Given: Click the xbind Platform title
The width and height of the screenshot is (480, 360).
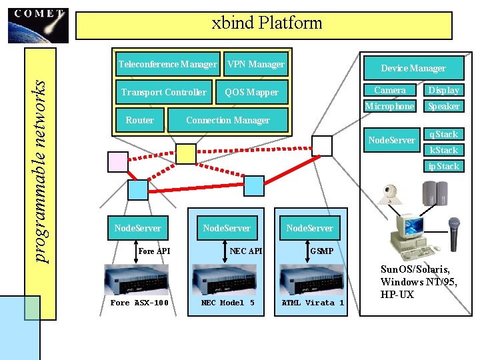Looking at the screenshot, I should (x=266, y=24).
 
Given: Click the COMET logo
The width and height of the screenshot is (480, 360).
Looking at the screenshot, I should (x=38, y=25).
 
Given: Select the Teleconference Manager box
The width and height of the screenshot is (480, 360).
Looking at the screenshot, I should (x=167, y=65).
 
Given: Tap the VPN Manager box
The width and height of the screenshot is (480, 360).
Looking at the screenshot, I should (x=255, y=65).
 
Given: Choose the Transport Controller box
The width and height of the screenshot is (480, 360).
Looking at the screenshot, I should (x=163, y=92).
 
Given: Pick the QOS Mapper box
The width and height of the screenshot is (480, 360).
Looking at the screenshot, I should (x=252, y=93).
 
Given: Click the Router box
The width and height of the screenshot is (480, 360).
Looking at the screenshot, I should (x=139, y=121).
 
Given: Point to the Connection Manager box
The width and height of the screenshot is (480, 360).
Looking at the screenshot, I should (x=227, y=121).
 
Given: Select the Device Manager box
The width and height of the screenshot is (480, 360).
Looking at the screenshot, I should (x=413, y=68).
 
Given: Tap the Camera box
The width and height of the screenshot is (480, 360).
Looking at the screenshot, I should (x=390, y=90).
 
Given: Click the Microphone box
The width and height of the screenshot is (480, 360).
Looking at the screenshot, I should (x=389, y=106).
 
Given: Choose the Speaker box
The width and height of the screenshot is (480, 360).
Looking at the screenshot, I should (x=444, y=106).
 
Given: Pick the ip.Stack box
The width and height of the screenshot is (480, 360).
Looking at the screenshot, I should (x=443, y=166).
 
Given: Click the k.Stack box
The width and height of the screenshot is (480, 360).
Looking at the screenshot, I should (x=443, y=150).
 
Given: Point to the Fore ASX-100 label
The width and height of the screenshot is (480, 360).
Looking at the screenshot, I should (x=139, y=303).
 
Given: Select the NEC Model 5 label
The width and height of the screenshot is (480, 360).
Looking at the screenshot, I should (x=227, y=303).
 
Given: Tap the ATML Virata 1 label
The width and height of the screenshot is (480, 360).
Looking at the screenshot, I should (x=313, y=303).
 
